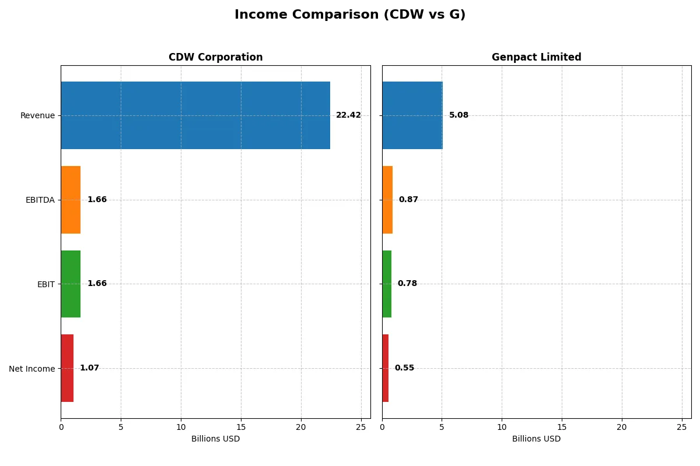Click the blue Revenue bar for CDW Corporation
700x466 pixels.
coord(195,115)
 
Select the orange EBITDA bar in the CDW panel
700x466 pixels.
coord(71,200)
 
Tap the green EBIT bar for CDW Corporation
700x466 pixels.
coord(71,284)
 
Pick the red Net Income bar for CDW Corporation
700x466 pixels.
coord(67,368)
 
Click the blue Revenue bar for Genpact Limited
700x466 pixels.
coord(412,115)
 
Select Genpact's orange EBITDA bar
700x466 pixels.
coord(387,200)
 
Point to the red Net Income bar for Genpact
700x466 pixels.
coord(386,368)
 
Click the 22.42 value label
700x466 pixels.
coord(348,115)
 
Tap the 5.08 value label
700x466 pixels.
coord(459,115)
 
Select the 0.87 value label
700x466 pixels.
coord(408,200)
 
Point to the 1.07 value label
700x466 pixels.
coord(89,368)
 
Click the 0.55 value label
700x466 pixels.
coord(404,368)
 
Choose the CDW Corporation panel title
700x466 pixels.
coord(215,57)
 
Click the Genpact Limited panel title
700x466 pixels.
coord(536,57)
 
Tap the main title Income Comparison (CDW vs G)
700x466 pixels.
coord(350,15)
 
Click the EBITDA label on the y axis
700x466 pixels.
coord(40,200)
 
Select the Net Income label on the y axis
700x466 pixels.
coord(32,369)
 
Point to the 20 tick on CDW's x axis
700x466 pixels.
coord(301,427)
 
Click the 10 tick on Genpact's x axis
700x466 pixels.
coord(502,427)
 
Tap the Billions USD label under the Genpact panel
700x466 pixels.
coord(536,439)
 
